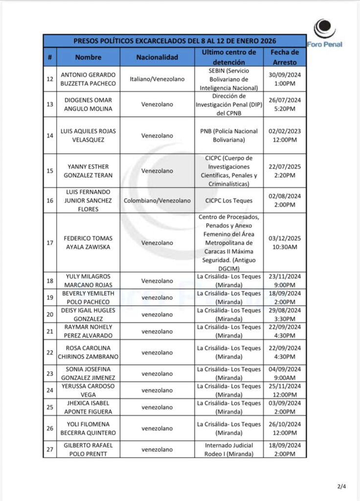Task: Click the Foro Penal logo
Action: (x=325, y=33)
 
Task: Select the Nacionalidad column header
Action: (x=157, y=57)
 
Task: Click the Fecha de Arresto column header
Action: (x=285, y=57)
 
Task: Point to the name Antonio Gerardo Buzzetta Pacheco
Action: (x=88, y=79)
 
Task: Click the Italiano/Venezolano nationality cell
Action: (x=157, y=79)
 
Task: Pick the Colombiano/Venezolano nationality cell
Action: (x=157, y=201)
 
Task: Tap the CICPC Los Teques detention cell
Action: (x=229, y=201)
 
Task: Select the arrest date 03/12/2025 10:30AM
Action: (x=285, y=243)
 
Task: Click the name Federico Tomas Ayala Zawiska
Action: (x=88, y=243)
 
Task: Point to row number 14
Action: (x=50, y=136)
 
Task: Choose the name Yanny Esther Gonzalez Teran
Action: (x=88, y=171)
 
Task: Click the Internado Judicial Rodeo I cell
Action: (x=229, y=449)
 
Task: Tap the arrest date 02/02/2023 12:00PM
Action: (x=285, y=136)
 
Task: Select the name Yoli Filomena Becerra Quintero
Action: (x=88, y=428)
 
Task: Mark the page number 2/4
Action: (x=341, y=486)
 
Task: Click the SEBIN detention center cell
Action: (x=229, y=79)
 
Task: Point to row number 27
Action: (x=50, y=449)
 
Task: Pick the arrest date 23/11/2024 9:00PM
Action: (x=285, y=281)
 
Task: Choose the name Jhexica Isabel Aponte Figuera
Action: (x=88, y=407)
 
